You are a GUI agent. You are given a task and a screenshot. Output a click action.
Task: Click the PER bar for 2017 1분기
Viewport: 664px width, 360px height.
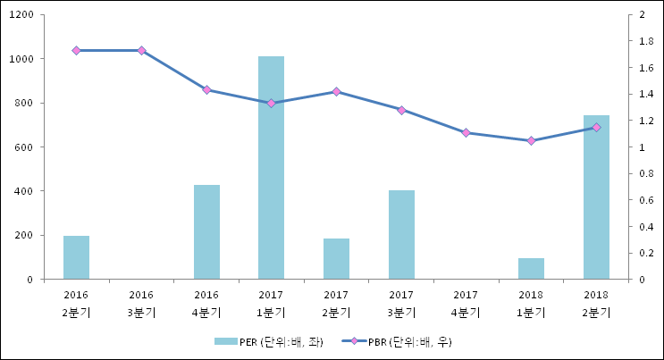tap(271, 168)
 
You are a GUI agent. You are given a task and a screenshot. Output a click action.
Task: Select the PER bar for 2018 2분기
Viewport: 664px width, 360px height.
tap(596, 197)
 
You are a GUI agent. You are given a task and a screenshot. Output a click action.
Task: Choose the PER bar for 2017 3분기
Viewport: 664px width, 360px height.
tap(401, 235)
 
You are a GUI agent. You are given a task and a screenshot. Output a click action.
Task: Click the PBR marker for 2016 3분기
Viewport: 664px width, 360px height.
tap(141, 51)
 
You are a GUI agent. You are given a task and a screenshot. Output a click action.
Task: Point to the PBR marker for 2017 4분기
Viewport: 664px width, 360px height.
tap(466, 133)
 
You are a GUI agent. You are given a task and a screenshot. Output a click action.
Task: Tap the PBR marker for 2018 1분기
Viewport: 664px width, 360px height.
tap(531, 141)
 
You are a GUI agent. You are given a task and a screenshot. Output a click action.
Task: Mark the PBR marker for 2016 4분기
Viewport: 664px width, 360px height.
tap(206, 90)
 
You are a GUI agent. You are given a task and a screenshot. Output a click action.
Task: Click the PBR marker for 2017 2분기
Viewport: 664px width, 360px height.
tap(336, 92)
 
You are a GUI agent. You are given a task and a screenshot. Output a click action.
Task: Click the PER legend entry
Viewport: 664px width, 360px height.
tap(268, 341)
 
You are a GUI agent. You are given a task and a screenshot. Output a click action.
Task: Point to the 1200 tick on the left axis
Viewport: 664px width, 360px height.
tap(21, 15)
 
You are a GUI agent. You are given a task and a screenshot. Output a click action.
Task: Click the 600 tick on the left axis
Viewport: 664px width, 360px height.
tap(25, 147)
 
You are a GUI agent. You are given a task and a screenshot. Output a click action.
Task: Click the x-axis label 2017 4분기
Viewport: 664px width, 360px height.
tap(466, 303)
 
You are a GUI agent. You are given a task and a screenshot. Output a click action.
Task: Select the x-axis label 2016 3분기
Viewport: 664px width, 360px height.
tap(141, 303)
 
